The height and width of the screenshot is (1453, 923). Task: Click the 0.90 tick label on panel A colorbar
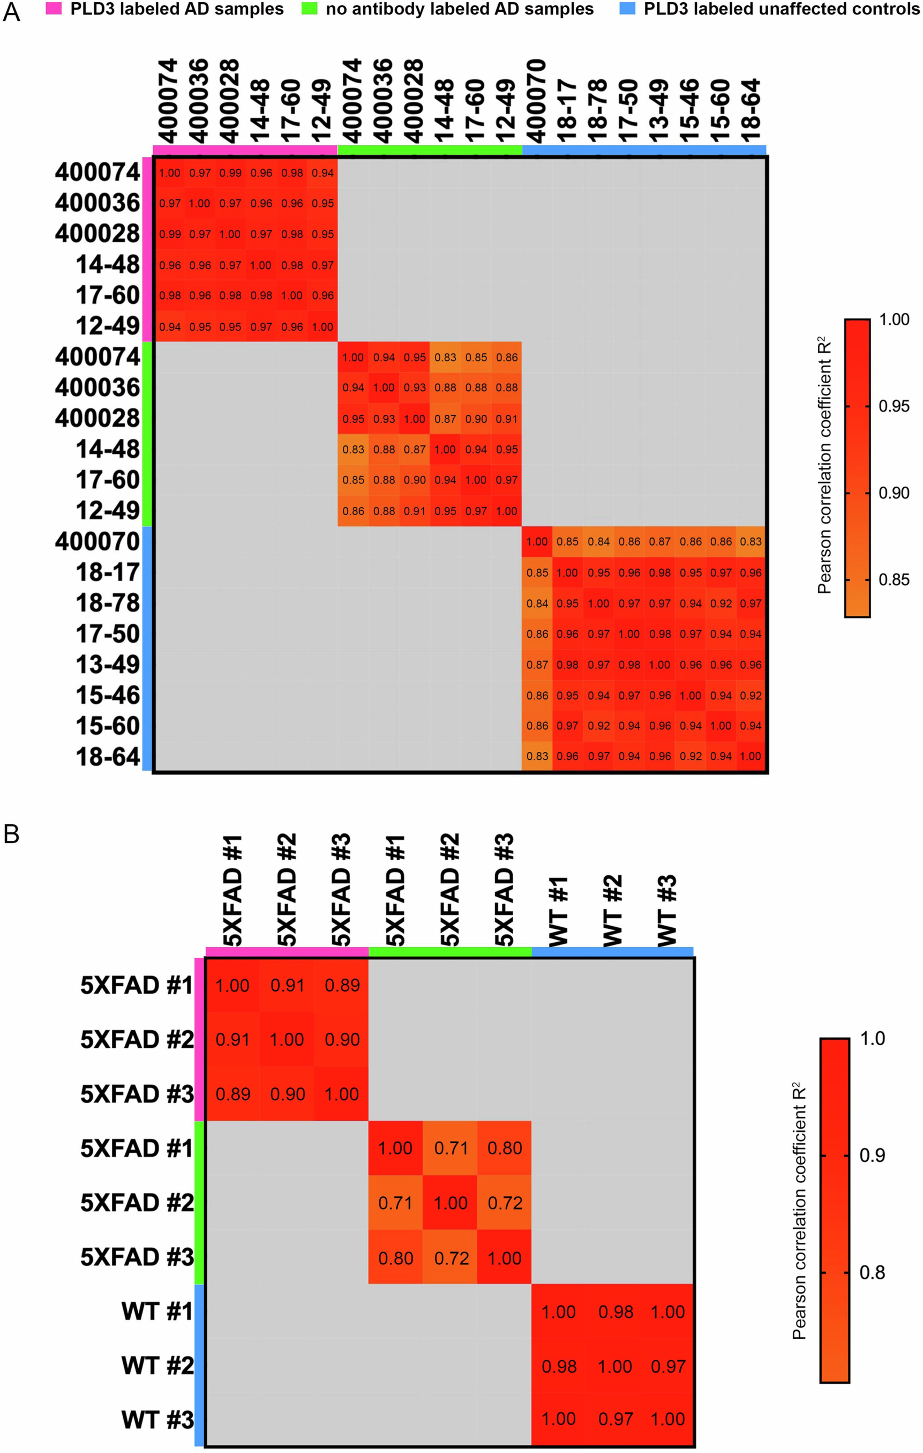893,493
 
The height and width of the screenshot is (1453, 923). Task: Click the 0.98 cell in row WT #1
615,1312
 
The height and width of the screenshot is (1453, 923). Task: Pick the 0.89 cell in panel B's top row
342,985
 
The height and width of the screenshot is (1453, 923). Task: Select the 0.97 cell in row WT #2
668,1366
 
